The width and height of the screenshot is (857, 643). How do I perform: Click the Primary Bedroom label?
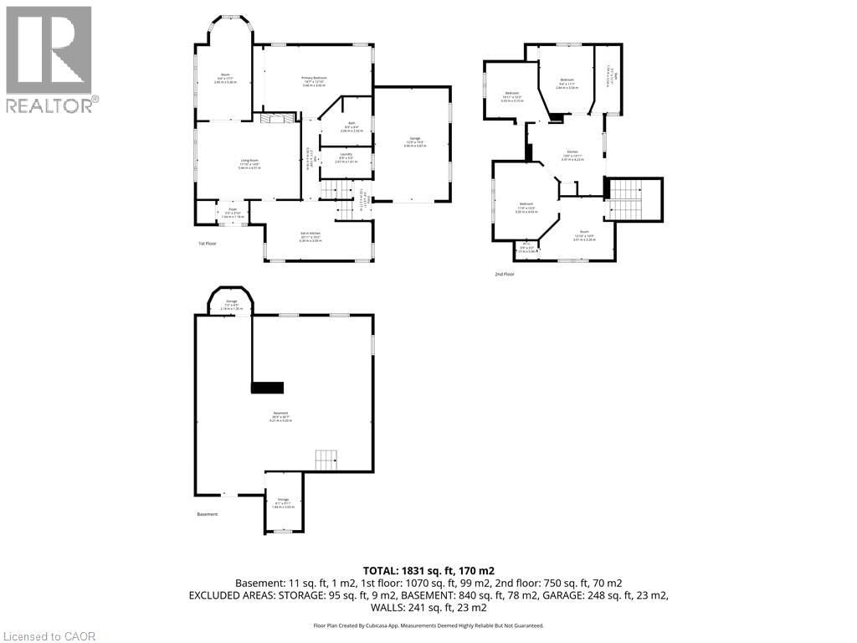315,80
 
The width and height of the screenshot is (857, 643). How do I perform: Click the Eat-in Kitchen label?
310,237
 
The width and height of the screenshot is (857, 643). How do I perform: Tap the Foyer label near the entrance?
227,213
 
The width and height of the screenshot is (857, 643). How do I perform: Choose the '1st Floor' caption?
208,244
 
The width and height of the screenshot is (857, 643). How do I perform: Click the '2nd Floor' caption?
505,273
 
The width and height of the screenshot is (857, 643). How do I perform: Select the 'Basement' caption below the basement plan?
207,514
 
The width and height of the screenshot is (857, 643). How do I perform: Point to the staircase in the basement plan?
326,460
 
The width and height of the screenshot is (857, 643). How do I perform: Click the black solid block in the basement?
268,387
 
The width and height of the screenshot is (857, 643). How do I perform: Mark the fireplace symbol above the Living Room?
274,120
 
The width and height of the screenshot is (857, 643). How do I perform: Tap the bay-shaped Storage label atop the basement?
231,303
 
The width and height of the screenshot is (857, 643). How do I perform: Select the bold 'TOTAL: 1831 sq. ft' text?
428,569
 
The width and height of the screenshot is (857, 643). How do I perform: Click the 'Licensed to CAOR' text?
49,636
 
